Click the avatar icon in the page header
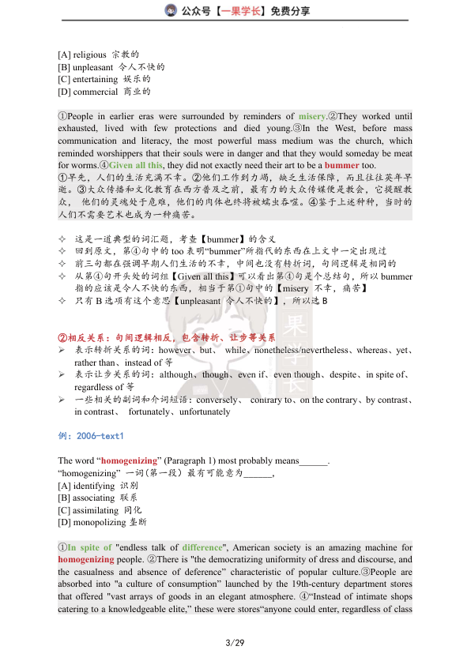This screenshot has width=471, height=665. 170,10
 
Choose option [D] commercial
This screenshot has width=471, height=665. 105,92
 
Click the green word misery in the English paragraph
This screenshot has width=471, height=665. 312,116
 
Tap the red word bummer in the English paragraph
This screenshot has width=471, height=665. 341,165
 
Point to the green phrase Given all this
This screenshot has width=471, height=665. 135,165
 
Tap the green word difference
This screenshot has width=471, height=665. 202,547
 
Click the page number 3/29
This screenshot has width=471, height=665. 235,644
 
